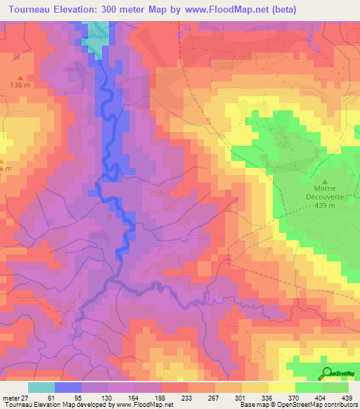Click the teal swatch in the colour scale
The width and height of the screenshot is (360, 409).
(41, 387)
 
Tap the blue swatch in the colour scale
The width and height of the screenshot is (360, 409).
(68, 387)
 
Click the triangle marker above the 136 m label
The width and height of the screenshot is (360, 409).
(20, 77)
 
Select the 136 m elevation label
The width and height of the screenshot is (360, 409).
(20, 86)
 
